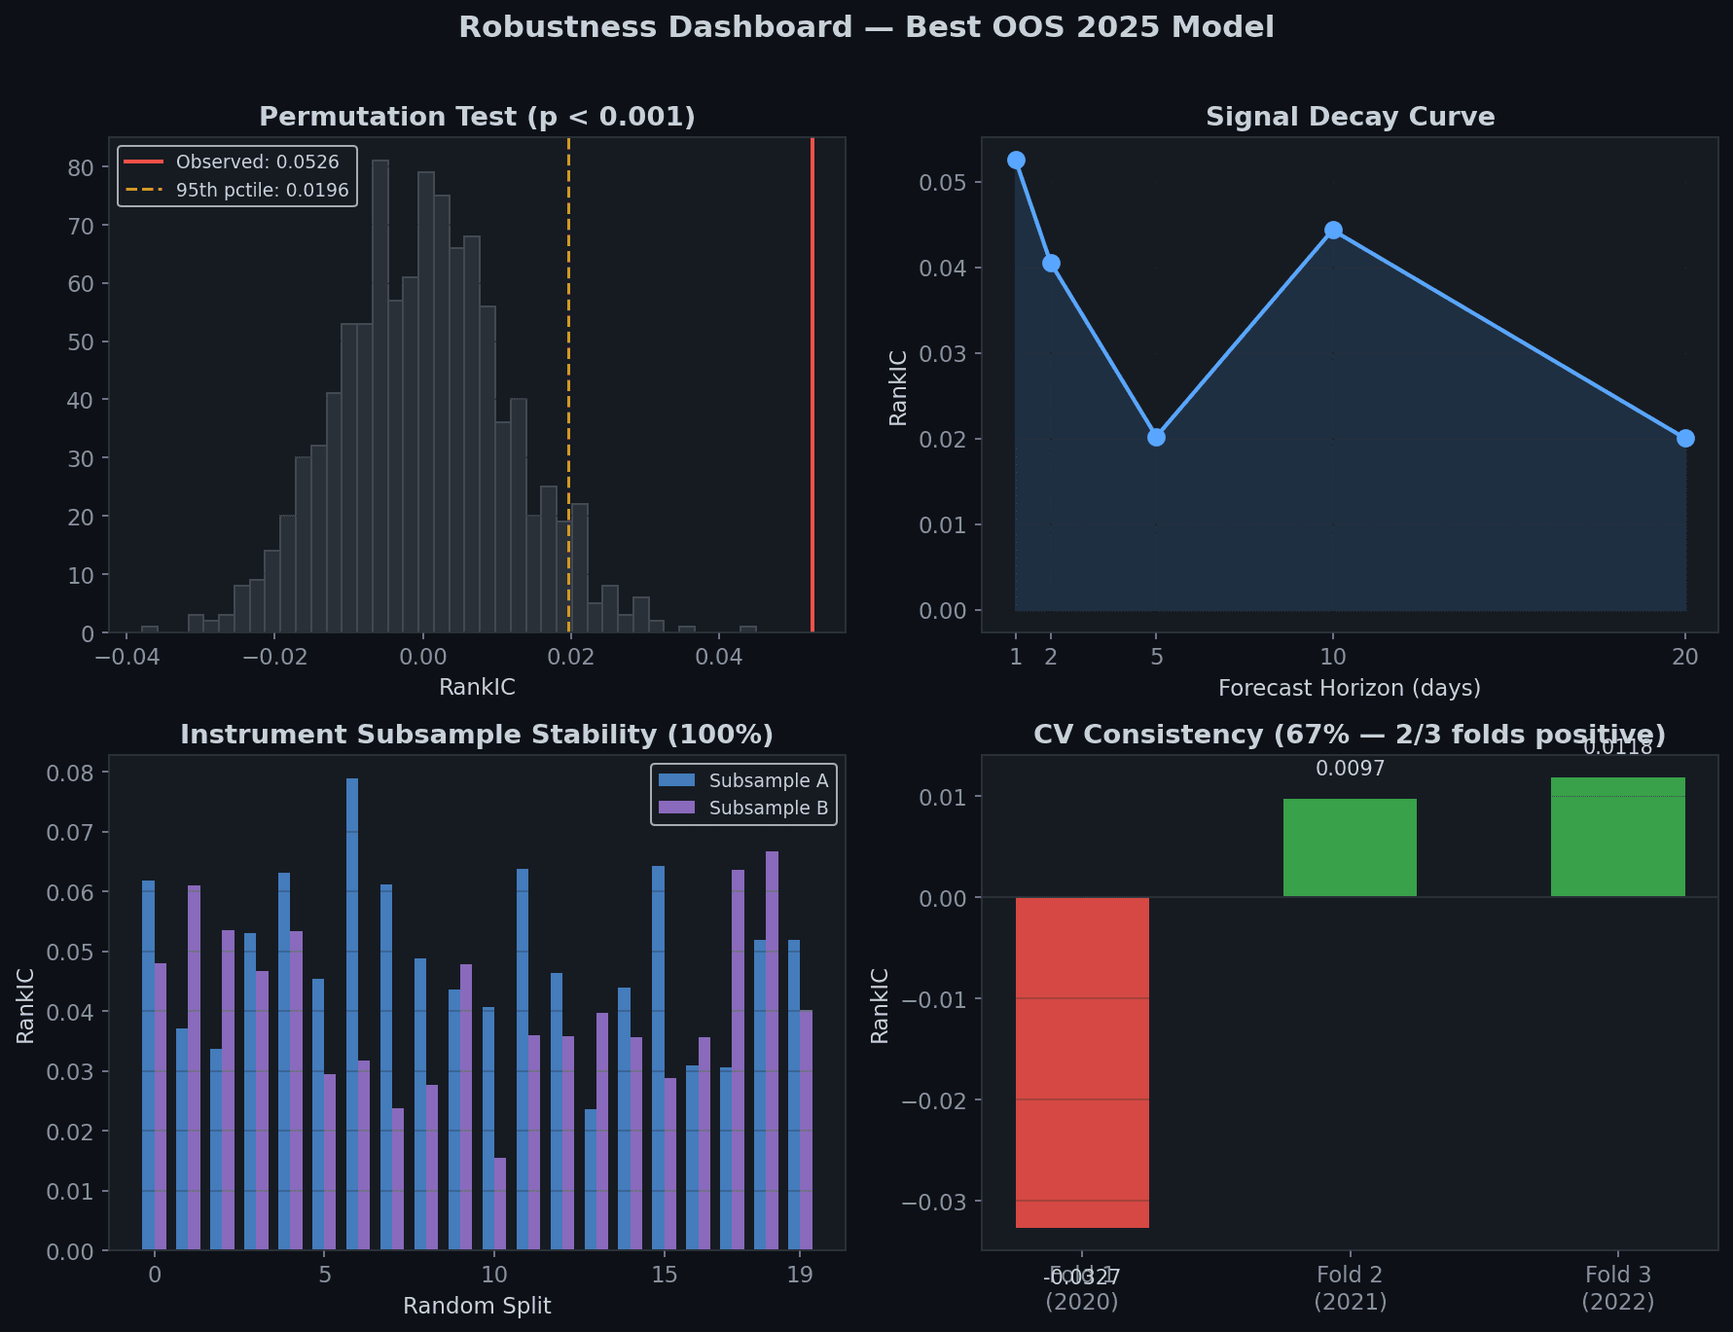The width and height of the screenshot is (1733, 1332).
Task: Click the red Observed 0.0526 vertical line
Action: pyautogui.click(x=812, y=389)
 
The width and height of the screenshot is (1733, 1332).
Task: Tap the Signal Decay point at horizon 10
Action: pyautogui.click(x=1333, y=231)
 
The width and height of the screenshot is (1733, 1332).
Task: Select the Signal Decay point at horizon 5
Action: pyautogui.click(x=1156, y=437)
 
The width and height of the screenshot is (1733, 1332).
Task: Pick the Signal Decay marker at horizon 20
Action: pyautogui.click(x=1685, y=438)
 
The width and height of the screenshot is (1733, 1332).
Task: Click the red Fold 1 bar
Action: pyautogui.click(x=1082, y=1061)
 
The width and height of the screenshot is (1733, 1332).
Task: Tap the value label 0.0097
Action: pyautogui.click(x=1350, y=769)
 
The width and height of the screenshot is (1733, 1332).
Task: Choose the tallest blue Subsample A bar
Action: pyautogui.click(x=352, y=1012)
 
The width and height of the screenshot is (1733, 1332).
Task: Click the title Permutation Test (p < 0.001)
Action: pyautogui.click(x=477, y=117)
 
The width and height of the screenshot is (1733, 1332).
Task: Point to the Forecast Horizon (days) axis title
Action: pyautogui.click(x=1350, y=688)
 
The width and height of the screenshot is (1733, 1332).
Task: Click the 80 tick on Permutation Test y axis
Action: pyautogui.click(x=81, y=167)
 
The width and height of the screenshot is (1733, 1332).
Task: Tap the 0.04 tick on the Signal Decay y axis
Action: pyautogui.click(x=942, y=268)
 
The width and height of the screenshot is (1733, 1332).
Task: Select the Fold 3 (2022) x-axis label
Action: pyautogui.click(x=1617, y=1287)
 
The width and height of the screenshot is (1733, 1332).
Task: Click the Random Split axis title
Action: pyautogui.click(x=477, y=1306)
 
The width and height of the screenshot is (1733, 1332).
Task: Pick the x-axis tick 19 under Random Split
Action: pyautogui.click(x=800, y=1275)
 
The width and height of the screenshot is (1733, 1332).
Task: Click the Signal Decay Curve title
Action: pyautogui.click(x=1350, y=117)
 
